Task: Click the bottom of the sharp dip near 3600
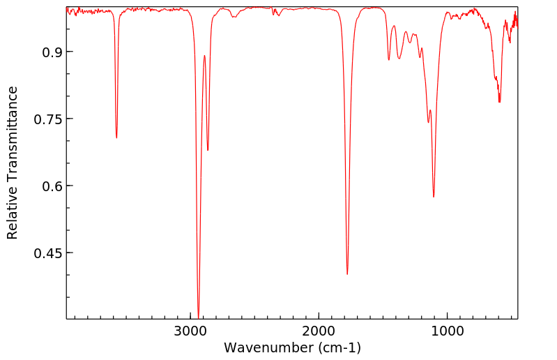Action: (116, 137)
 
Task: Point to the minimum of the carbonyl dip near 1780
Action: (347, 274)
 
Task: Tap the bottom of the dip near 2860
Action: (208, 150)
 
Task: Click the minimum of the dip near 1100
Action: (434, 197)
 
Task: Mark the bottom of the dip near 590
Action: (499, 102)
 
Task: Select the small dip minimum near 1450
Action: (389, 59)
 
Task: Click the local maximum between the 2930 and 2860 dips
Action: (204, 56)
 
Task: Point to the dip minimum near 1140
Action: (428, 122)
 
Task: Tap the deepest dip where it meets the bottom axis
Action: (199, 317)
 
